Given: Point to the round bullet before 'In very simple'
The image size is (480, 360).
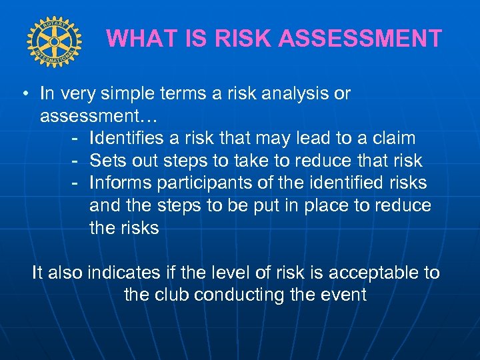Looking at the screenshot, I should click(x=23, y=94).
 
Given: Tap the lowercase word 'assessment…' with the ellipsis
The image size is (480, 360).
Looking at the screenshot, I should click(x=98, y=117).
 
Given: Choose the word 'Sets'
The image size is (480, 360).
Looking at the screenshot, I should click(x=107, y=161).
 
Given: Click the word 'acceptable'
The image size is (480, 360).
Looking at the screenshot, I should click(x=367, y=273).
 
